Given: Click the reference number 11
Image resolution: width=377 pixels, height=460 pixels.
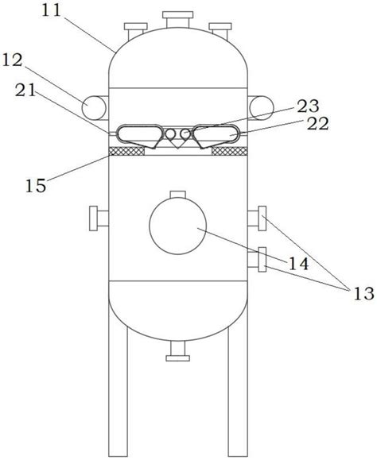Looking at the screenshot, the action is pyautogui.click(x=51, y=11).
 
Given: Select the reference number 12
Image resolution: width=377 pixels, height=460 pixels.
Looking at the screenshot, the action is pyautogui.click(x=13, y=60).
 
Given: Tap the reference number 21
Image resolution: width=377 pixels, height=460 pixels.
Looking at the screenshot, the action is pyautogui.click(x=25, y=90).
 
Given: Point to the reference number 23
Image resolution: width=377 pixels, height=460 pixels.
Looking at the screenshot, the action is pyautogui.click(x=308, y=106).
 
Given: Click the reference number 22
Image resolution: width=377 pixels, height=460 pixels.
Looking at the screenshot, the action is pyautogui.click(x=317, y=124).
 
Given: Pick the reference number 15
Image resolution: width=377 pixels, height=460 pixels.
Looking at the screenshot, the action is pyautogui.click(x=36, y=186).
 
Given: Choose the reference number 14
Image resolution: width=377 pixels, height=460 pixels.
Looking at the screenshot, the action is pyautogui.click(x=299, y=263).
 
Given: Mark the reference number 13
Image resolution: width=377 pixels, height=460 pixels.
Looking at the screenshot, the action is pyautogui.click(x=364, y=293).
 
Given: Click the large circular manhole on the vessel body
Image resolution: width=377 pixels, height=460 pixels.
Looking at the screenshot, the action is pyautogui.click(x=178, y=226).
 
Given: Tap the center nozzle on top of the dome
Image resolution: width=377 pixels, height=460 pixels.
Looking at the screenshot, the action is pyautogui.click(x=178, y=20).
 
